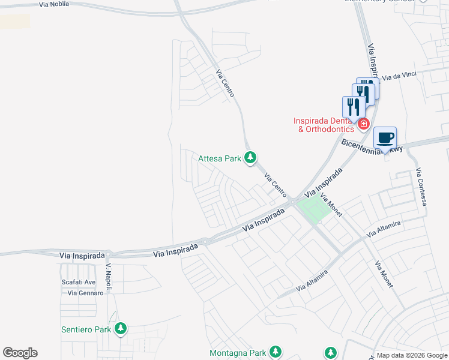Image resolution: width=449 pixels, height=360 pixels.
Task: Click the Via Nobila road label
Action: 53,4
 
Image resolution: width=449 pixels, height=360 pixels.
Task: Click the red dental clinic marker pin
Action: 363,124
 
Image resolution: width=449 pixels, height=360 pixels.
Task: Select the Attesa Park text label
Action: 220,158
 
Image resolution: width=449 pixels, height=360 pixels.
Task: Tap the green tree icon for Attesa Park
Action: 250,158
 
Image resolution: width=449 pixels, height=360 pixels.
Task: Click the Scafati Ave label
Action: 78,282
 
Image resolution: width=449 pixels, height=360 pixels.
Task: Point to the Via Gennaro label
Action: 82,293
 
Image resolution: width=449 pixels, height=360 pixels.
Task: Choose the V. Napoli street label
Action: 109,278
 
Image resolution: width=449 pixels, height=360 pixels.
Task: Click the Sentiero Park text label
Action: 86,329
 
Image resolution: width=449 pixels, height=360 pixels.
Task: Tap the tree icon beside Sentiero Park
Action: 121,328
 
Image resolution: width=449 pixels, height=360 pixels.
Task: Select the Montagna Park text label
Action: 237,352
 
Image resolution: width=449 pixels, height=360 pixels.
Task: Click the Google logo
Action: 20,353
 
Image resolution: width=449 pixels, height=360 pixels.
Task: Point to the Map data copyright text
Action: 412,355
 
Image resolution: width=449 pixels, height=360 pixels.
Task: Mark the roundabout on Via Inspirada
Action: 205,242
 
